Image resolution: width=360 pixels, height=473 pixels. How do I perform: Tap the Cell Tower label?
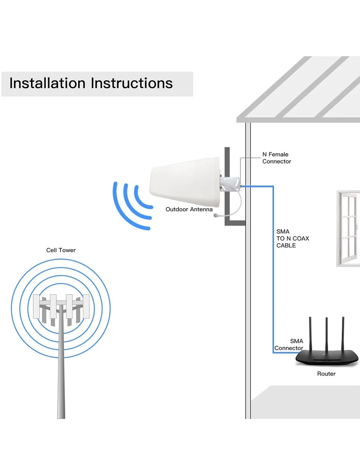[x=61, y=250]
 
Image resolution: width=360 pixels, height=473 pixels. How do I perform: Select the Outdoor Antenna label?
[x=189, y=210]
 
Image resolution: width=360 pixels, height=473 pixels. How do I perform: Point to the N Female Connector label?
[x=276, y=158]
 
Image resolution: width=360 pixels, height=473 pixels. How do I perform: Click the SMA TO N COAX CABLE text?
[x=292, y=238]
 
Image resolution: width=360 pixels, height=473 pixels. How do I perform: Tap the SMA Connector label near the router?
[x=289, y=345]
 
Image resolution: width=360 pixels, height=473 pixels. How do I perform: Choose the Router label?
[x=326, y=374]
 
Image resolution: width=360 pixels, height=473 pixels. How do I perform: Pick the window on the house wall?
[x=349, y=228]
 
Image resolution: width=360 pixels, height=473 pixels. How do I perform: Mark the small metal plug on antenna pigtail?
[x=216, y=216]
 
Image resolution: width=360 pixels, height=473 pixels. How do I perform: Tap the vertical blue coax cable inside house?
[x=273, y=270]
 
